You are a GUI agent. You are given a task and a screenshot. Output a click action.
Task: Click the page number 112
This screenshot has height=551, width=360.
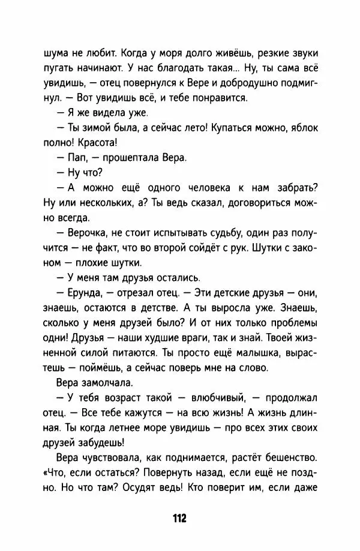click(179, 517)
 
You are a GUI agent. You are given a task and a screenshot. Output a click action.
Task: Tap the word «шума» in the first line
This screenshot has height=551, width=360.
click(58, 52)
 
